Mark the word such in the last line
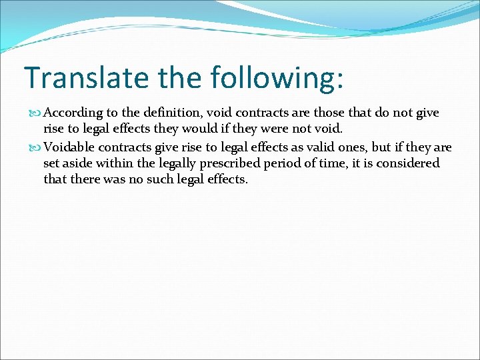click(169, 179)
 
